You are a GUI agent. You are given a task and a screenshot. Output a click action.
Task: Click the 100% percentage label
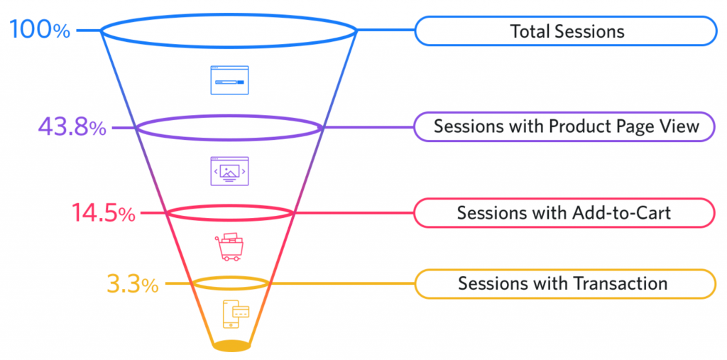click(40, 31)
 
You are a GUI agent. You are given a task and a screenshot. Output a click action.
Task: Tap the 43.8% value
click(72, 128)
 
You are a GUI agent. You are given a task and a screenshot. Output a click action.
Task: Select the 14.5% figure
click(103, 213)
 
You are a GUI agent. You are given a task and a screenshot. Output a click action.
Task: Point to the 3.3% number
click(133, 284)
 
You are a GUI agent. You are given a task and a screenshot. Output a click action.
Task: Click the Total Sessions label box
click(566, 31)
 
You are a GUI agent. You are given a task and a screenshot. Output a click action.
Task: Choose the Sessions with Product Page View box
click(565, 127)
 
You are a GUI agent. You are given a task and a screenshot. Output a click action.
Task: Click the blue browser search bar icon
click(229, 80)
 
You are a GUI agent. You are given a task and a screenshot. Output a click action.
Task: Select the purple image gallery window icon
click(229, 171)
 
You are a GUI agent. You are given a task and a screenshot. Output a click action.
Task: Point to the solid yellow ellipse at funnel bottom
click(231, 346)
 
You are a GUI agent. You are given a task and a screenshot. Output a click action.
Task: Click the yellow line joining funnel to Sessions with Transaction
click(341, 284)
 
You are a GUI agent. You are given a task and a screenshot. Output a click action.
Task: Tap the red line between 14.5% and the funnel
click(151, 213)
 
